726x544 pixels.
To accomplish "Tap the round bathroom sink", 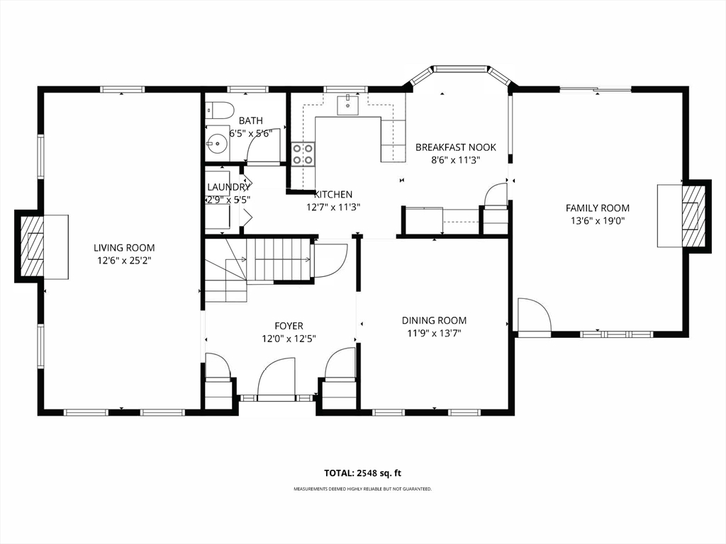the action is [216, 143].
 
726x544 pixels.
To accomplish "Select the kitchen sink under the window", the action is [347, 105].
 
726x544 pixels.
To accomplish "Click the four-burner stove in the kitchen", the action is [303, 154].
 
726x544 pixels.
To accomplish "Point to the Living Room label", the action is [124, 248].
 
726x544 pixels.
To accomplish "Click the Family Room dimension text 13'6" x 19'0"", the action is [598, 221].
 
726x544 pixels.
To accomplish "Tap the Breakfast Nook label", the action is [456, 147].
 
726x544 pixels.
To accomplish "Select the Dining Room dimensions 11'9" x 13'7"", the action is [435, 333].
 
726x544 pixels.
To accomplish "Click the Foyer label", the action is [289, 326].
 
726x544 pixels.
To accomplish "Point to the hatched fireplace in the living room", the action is [30, 246].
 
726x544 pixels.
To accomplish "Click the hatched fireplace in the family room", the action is [693, 215].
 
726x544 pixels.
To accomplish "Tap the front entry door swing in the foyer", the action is [277, 378].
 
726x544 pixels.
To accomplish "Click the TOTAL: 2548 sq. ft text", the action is [362, 472].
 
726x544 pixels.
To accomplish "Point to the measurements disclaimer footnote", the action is [362, 489].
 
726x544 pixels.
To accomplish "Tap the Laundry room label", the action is [229, 187].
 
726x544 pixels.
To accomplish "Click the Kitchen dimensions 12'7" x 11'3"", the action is [333, 208].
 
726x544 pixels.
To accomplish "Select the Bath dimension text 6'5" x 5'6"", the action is [251, 133].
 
